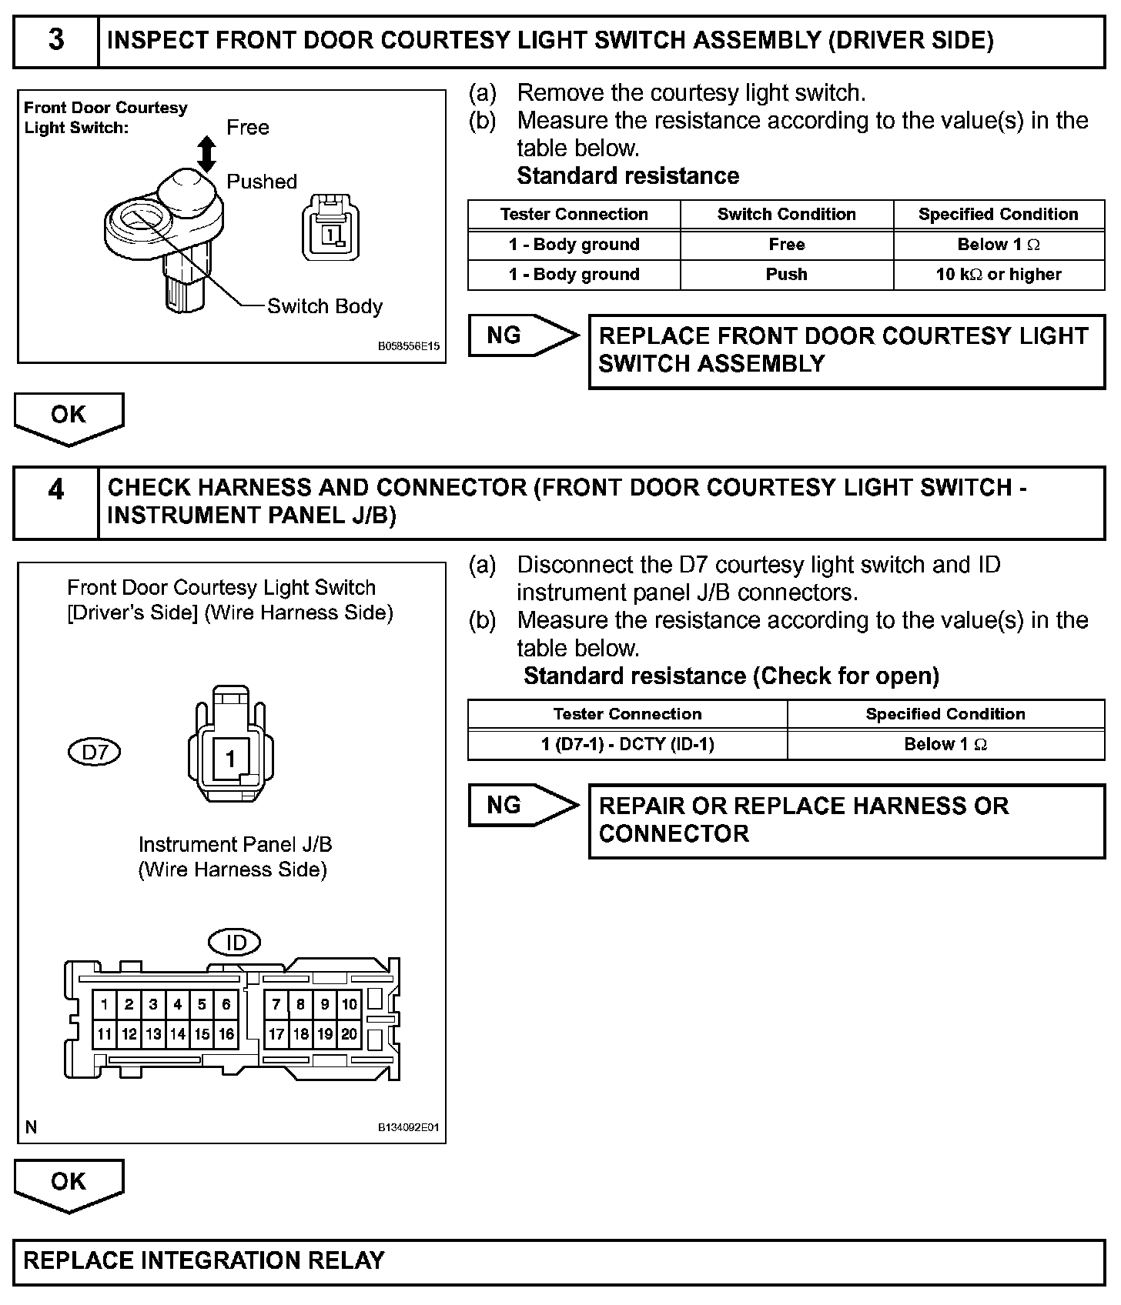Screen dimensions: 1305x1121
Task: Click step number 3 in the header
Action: (56, 41)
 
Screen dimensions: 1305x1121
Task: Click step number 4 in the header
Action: (56, 490)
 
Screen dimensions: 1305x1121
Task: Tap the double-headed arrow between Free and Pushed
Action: (206, 154)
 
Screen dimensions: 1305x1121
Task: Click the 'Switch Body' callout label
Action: (324, 306)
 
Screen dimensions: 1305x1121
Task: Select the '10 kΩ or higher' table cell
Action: (999, 275)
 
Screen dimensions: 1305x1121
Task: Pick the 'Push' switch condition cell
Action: (786, 275)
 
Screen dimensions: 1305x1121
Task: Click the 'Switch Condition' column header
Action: (786, 215)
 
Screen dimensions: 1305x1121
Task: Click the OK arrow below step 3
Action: (69, 416)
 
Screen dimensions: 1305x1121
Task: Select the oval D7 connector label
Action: (95, 752)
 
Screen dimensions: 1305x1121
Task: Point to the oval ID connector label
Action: (235, 942)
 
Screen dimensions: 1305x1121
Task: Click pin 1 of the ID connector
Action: (105, 1004)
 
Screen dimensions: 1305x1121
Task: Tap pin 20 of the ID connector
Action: (350, 1034)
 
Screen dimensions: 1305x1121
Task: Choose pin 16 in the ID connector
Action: (226, 1034)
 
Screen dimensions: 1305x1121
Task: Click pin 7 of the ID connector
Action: (276, 1004)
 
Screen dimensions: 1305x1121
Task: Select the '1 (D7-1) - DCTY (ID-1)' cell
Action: (627, 744)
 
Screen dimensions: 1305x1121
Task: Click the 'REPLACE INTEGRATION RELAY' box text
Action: (204, 1260)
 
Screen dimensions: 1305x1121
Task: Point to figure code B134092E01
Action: (408, 1127)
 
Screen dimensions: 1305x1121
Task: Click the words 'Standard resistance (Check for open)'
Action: (731, 676)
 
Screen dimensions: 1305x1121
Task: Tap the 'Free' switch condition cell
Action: (786, 245)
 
